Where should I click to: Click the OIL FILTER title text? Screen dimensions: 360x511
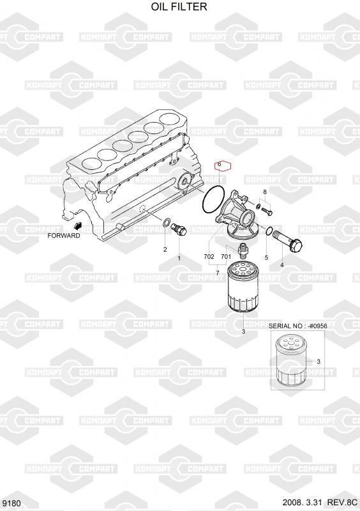179,6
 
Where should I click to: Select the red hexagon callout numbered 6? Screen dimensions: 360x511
223,167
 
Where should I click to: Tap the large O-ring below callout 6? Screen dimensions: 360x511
213,199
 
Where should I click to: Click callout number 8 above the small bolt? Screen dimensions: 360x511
265,192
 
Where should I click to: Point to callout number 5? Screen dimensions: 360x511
267,257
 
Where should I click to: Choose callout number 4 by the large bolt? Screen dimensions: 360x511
282,265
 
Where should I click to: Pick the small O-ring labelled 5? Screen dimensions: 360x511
269,231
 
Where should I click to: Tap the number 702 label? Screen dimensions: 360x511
209,257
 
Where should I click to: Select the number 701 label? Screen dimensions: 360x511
226,257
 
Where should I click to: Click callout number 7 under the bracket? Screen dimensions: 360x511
218,272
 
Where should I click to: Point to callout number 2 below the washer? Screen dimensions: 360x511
165,250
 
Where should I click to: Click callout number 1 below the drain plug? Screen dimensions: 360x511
179,259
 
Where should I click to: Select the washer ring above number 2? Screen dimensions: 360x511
166,223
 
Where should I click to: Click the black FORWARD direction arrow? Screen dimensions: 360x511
78,225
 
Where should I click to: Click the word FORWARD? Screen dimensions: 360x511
64,236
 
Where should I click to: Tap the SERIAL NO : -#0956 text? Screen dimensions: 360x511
298,326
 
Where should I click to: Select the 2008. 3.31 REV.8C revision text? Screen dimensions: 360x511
320,503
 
